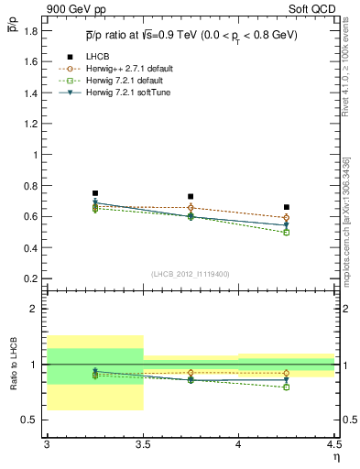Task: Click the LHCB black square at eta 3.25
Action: (x=95, y=193)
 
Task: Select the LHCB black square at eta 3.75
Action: (x=191, y=196)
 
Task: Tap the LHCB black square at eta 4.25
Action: (x=287, y=207)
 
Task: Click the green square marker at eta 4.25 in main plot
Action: (x=287, y=233)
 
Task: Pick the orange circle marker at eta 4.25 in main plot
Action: (x=287, y=218)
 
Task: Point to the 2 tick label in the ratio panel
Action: (x=35, y=310)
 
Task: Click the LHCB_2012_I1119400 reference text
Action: (x=191, y=274)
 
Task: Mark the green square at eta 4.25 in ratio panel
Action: (x=287, y=387)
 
